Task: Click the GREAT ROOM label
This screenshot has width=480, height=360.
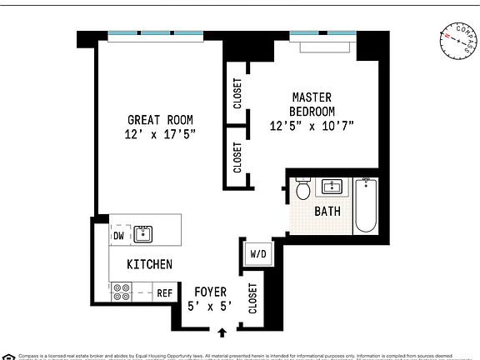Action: tap(162, 118)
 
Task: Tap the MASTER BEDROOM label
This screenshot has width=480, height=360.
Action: tap(312, 104)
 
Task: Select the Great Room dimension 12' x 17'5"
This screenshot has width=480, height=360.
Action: tap(162, 133)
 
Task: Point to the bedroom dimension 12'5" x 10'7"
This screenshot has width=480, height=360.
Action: tap(312, 127)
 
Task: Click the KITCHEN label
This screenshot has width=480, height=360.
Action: tap(149, 264)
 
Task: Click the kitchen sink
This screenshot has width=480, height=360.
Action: tap(143, 233)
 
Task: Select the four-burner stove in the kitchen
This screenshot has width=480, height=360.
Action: tap(121, 292)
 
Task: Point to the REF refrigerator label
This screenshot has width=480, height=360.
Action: tap(164, 293)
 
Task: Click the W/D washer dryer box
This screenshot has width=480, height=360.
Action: tap(257, 254)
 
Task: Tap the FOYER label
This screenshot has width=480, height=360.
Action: tap(210, 292)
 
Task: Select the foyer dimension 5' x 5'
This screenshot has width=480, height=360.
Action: tap(210, 306)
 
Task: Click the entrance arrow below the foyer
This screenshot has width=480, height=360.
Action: tap(222, 333)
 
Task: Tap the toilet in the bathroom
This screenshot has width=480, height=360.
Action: tap(303, 191)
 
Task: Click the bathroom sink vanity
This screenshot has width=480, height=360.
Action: tap(334, 186)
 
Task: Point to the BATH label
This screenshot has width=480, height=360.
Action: tap(327, 212)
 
